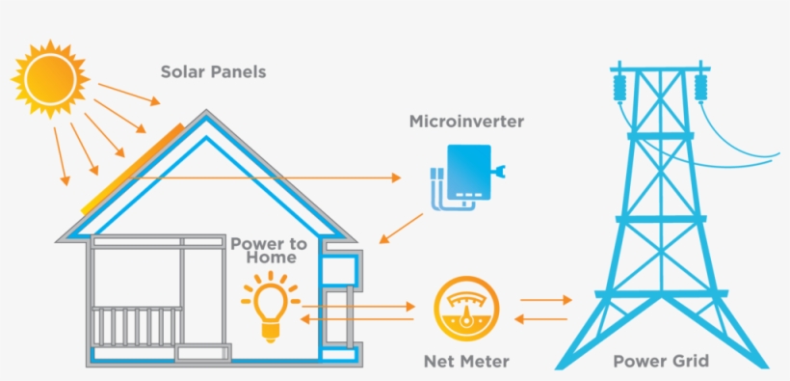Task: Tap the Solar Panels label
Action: coord(213,72)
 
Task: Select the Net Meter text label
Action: coord(466,362)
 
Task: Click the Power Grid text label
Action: coord(661,362)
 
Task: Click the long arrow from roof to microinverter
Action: coord(270,177)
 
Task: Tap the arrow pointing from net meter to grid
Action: coord(545,301)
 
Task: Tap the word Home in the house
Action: coord(271,259)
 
